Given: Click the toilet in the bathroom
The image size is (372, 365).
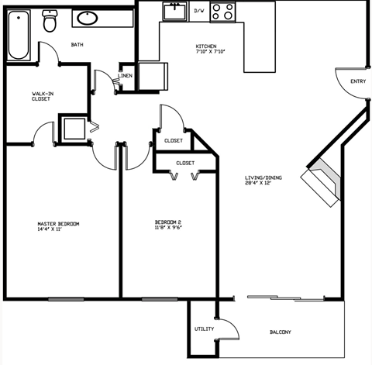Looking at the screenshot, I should coord(50,21).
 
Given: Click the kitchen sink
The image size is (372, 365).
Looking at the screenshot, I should coord(173,12).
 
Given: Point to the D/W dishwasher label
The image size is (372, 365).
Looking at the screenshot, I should coord(198,11).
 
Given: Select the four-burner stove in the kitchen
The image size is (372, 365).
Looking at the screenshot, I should coord(223,11).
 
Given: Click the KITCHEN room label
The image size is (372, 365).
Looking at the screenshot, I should coord(205,46).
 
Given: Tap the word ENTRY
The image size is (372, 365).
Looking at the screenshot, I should coord(358,81).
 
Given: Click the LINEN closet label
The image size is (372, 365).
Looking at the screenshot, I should coord(125,75).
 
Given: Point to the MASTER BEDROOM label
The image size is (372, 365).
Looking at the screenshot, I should coord(58,224).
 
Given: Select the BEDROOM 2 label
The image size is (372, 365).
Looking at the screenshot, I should coord(167,222).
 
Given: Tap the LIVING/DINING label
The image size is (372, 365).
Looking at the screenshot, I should coord(263,177).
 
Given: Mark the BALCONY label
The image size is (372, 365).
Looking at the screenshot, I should coord(280,332).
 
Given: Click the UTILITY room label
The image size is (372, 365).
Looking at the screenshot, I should coord(203,329).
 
